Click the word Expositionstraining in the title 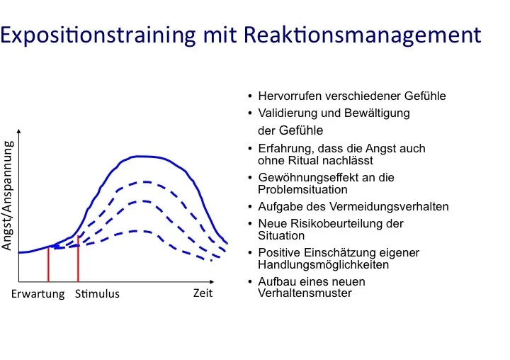[98, 35]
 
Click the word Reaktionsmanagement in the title [363, 35]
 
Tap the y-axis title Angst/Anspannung [7, 196]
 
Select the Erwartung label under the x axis [38, 294]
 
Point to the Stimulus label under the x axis [97, 294]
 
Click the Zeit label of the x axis [203, 293]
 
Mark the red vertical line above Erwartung [48, 264]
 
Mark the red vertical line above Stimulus [78, 259]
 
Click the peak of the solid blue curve [142, 157]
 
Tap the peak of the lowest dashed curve [137, 231]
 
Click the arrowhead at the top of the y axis [19, 131]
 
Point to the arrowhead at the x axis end [212, 281]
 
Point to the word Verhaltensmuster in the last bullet [305, 293]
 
